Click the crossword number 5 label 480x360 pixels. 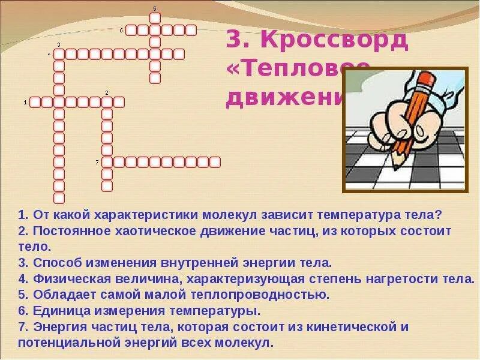[155, 8]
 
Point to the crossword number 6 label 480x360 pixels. [121, 30]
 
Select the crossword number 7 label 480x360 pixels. [97, 162]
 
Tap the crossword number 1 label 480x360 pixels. [25, 103]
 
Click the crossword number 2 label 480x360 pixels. [106, 92]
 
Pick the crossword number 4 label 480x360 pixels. [49, 54]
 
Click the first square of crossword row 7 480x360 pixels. [107, 162]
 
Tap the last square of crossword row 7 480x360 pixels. [215, 162]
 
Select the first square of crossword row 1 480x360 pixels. [35, 102]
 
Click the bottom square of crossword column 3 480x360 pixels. [59, 198]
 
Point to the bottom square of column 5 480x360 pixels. [155, 78]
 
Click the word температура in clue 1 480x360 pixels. [359, 214]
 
